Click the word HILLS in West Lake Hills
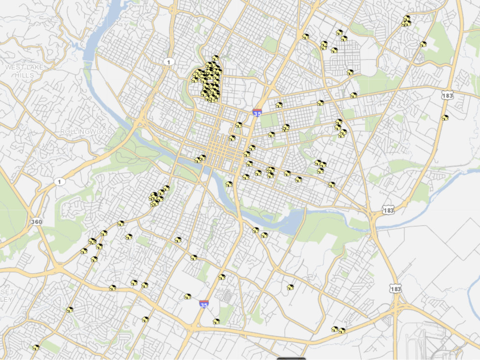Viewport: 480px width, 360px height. pyautogui.click(x=24, y=75)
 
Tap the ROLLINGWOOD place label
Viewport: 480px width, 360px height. pyautogui.click(x=86, y=132)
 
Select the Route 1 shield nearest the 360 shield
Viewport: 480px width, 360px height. pyautogui.click(x=59, y=182)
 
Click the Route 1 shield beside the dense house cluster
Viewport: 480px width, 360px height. pyautogui.click(x=169, y=62)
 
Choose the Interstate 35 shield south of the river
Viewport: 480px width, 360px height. pyautogui.click(x=204, y=304)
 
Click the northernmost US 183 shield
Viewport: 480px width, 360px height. pyautogui.click(x=447, y=96)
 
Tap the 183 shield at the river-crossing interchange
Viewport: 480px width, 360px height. pyautogui.click(x=388, y=210)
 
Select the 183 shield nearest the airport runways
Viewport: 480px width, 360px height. pyautogui.click(x=396, y=289)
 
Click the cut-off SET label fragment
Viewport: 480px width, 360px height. pyautogui.click(x=7, y=292)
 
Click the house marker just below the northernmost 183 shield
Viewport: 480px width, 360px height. pyautogui.click(x=445, y=118)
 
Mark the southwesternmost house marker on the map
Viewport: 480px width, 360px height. pyautogui.click(x=36, y=347)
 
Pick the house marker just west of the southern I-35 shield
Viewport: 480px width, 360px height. pyautogui.click(x=187, y=296)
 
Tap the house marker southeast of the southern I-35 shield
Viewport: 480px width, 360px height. pyautogui.click(x=216, y=321)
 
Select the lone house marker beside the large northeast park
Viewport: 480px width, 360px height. pyautogui.click(x=423, y=44)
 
